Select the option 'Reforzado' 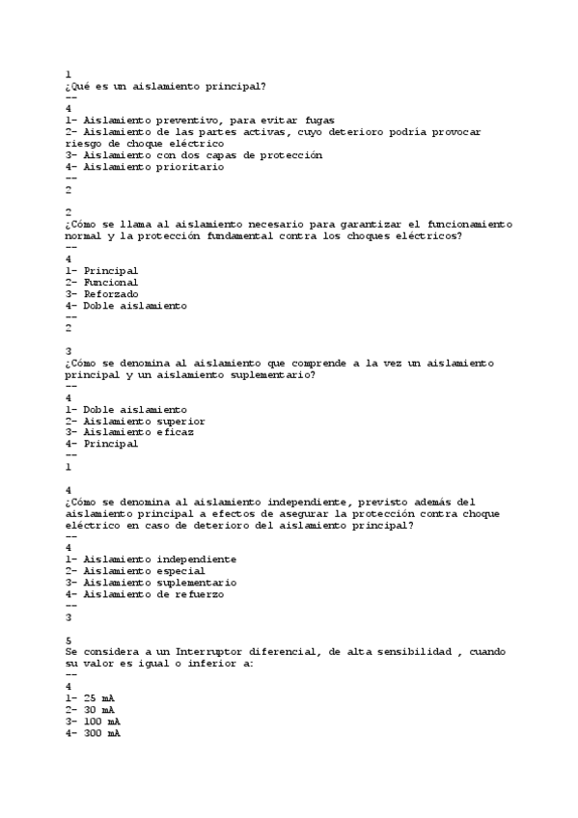click(x=111, y=293)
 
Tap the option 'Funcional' click(x=111, y=282)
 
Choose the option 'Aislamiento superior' click(x=144, y=421)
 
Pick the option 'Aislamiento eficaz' click(x=138, y=432)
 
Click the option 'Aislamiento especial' click(x=144, y=571)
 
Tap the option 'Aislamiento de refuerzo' click(x=153, y=594)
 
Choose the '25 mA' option click(x=101, y=698)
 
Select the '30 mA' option click(x=101, y=710)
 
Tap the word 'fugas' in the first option click(x=317, y=120)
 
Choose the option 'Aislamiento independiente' click(x=159, y=559)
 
